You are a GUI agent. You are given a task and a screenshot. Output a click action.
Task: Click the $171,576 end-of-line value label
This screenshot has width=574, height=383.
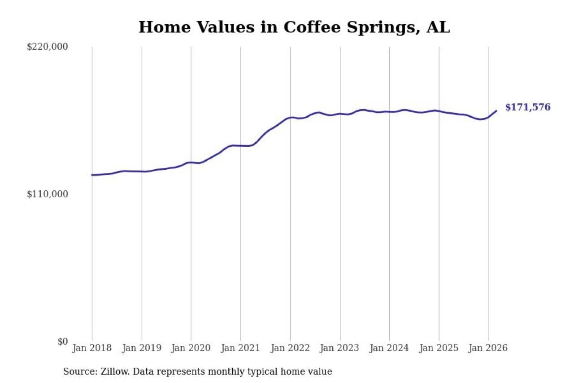point(527,107)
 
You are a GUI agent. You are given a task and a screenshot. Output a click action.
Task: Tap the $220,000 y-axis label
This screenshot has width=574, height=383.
point(48,47)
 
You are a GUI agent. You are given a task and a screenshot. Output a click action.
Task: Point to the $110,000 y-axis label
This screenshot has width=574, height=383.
point(48,194)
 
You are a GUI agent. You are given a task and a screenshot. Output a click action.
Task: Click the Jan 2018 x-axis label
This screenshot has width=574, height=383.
point(92,348)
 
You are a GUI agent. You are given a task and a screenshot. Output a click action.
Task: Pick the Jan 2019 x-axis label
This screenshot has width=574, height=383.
point(142,348)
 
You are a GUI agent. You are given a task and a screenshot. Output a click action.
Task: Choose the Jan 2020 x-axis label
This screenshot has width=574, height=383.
point(191,348)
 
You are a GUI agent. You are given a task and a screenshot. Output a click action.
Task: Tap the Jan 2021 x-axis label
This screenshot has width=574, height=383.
point(241,348)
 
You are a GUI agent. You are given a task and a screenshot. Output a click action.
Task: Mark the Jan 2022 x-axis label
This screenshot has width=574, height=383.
point(290,348)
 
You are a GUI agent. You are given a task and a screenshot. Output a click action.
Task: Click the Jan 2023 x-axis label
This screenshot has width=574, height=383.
point(340,348)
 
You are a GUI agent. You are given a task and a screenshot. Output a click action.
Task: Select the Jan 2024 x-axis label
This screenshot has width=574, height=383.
point(389,348)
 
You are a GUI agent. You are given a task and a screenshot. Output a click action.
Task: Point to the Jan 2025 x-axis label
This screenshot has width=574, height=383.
point(439,348)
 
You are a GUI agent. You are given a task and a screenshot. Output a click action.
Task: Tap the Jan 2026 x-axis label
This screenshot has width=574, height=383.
point(488,348)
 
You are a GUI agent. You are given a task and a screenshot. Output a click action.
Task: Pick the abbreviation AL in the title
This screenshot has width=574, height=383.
point(438,27)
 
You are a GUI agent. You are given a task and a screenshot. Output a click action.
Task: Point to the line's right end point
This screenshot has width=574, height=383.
point(496,110)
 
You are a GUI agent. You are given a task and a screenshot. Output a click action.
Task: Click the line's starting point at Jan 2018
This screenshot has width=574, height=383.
point(92,175)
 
